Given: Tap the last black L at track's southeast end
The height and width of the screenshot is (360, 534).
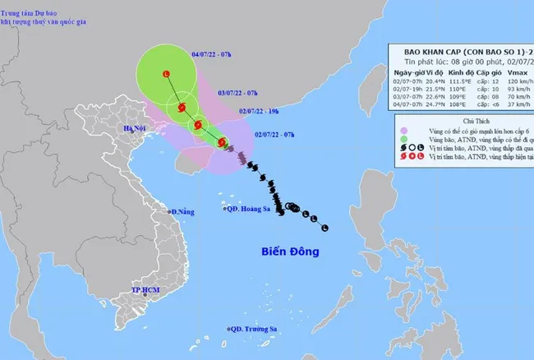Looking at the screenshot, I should pos(325,228).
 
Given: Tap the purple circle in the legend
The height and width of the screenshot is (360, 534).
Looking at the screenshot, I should pos(405,130).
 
